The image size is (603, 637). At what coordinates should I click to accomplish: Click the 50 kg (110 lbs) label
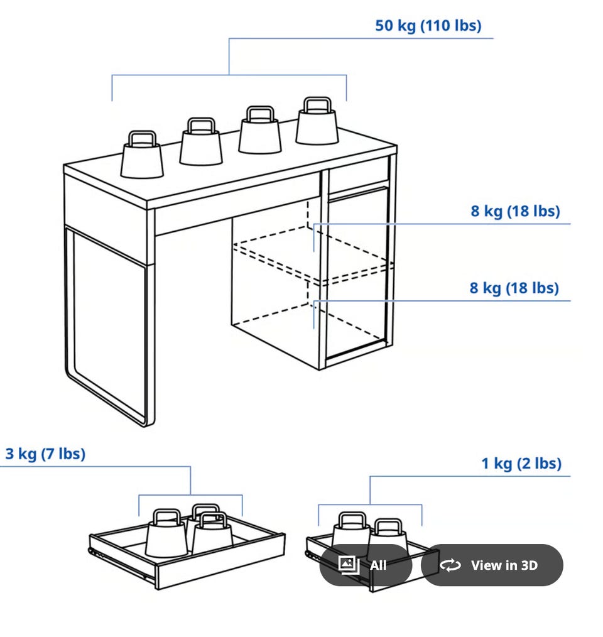click(428, 26)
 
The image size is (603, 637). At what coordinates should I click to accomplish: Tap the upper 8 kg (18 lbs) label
click(515, 211)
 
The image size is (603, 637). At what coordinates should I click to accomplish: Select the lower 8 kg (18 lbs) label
click(514, 288)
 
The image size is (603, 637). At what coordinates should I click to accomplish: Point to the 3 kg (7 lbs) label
click(45, 454)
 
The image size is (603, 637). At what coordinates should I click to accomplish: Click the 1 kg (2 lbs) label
click(521, 464)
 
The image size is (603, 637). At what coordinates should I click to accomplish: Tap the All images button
click(366, 565)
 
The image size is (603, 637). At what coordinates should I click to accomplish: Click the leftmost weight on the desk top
click(142, 155)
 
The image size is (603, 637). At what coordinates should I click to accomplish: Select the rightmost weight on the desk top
click(317, 121)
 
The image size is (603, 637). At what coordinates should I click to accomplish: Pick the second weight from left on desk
click(201, 141)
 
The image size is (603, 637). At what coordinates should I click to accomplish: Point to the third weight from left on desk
click(259, 129)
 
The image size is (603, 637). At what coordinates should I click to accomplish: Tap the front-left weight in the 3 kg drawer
click(166, 533)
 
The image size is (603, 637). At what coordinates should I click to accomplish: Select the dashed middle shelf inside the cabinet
click(313, 254)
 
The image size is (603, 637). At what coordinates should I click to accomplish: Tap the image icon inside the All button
click(349, 565)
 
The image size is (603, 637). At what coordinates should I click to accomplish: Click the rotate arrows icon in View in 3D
click(450, 565)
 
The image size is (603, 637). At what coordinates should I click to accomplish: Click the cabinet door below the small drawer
click(357, 275)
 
